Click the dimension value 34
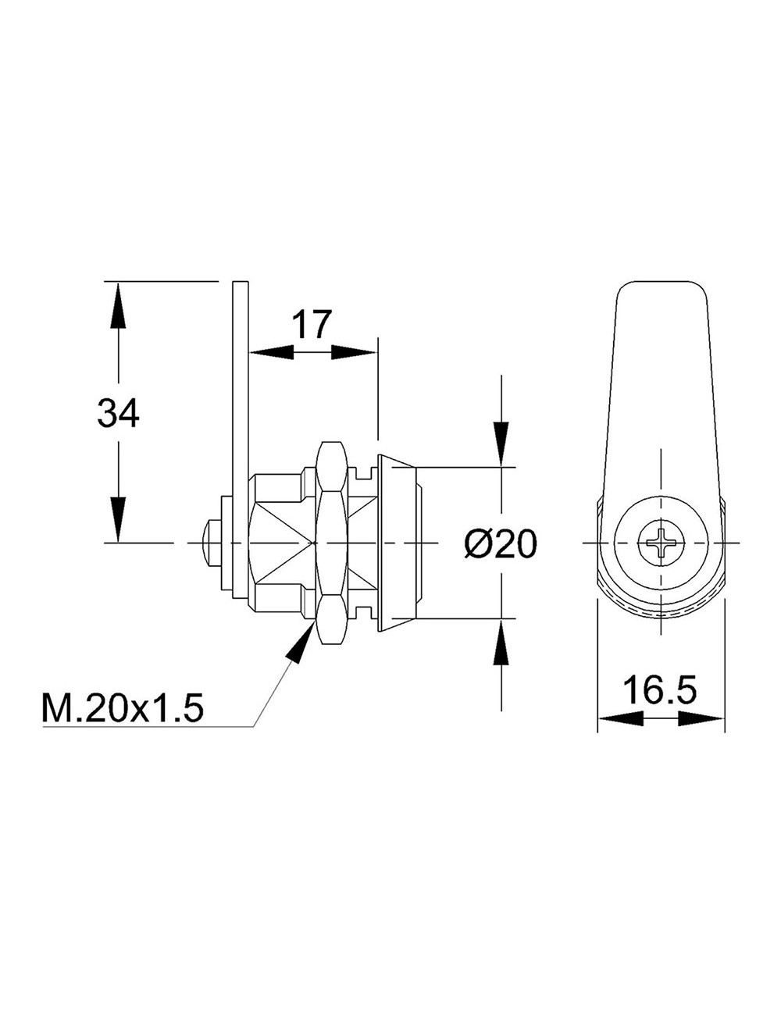118,413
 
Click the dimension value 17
312,324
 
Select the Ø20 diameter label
501,543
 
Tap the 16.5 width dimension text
660,689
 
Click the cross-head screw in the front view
662,543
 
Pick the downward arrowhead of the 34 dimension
118,519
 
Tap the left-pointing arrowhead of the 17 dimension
271,352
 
